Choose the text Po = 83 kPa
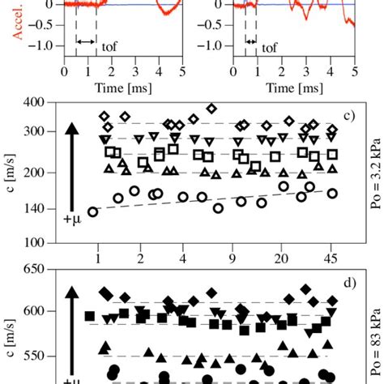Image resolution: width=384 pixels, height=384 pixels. (x=367, y=332)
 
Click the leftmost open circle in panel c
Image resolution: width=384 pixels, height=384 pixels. (x=93, y=211)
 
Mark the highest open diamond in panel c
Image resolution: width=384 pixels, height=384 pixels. (x=212, y=109)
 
